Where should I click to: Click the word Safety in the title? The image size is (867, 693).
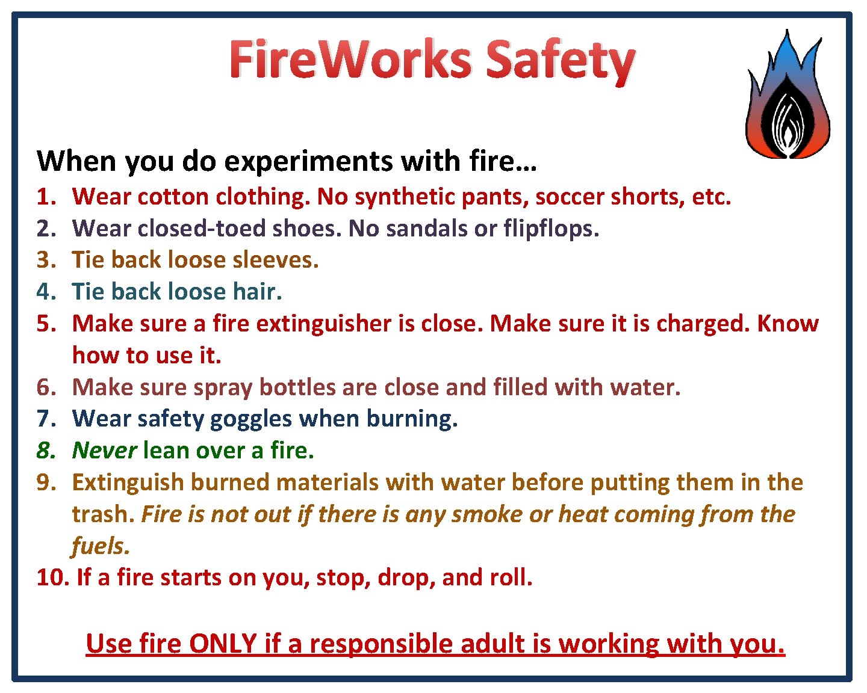coord(560,60)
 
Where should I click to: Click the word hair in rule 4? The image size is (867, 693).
coord(257,292)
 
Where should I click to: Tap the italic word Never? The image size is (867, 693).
coord(104,451)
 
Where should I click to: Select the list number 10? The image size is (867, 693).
coord(52,577)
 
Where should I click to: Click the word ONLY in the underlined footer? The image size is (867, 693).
coord(223,644)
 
